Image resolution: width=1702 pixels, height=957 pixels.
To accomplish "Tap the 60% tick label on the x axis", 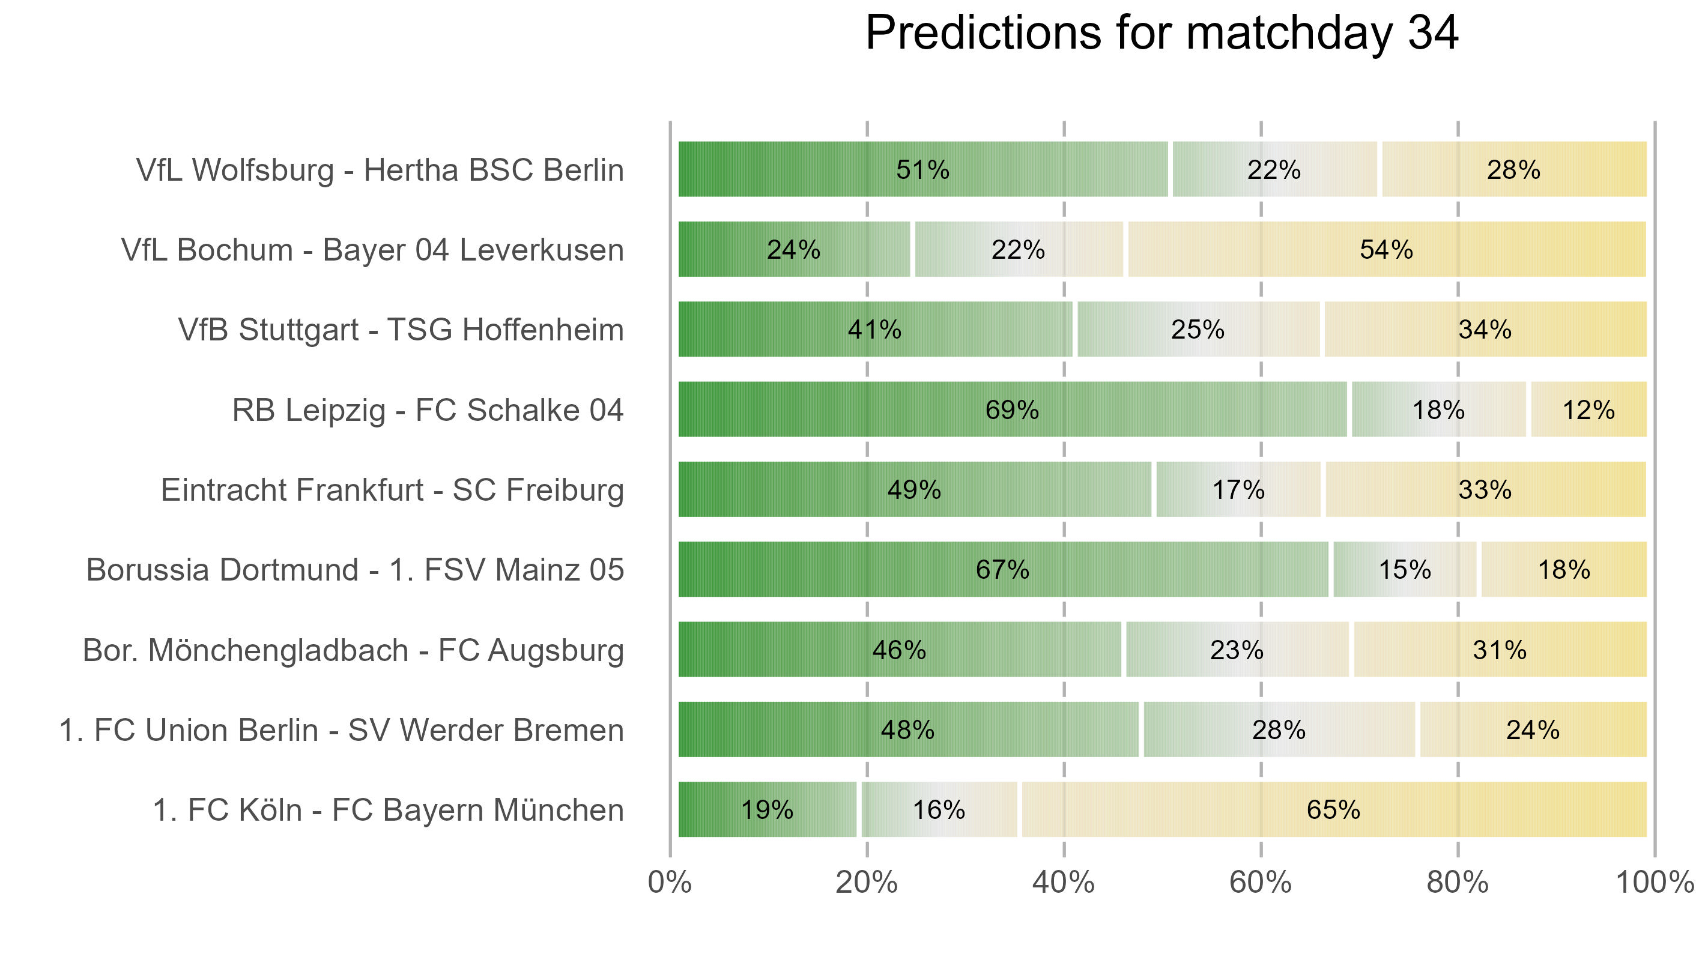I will pyautogui.click(x=1260, y=883).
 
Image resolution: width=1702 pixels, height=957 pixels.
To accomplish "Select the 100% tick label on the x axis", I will pyautogui.click(x=1654, y=883).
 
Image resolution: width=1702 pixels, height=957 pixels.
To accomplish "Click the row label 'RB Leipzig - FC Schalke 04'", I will pyautogui.click(x=428, y=410).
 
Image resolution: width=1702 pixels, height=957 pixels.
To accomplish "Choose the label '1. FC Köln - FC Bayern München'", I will pyautogui.click(x=388, y=810).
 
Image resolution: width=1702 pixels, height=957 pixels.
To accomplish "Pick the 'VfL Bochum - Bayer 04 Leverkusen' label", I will pyautogui.click(x=372, y=250).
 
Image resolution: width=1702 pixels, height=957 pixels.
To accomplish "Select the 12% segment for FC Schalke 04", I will pyautogui.click(x=1588, y=409).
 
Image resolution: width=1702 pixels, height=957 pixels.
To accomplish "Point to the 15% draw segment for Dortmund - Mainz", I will pyautogui.click(x=1405, y=569).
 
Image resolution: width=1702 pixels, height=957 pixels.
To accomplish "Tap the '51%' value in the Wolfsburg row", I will pyautogui.click(x=922, y=170).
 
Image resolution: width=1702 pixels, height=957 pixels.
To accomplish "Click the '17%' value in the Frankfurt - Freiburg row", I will pyautogui.click(x=1238, y=490).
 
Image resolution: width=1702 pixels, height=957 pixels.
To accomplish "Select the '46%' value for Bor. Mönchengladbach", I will pyautogui.click(x=898, y=650).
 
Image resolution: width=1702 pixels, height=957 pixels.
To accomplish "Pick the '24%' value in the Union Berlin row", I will pyautogui.click(x=1532, y=730).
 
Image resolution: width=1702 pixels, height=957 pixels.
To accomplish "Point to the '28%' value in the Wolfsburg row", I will pyautogui.click(x=1513, y=170).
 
